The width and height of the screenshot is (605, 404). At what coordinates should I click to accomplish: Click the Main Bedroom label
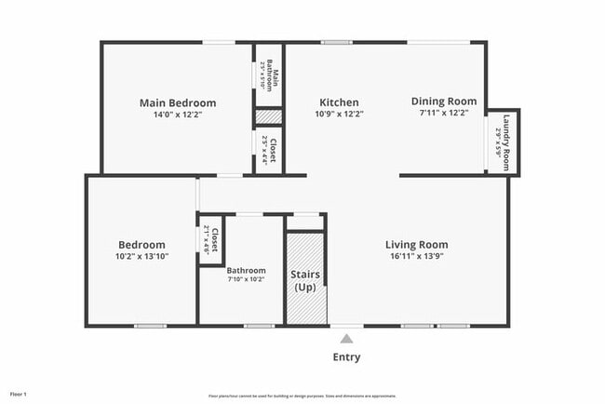(x=178, y=102)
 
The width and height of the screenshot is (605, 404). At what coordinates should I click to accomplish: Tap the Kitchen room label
(x=339, y=102)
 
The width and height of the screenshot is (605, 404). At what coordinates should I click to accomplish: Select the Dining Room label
(x=444, y=101)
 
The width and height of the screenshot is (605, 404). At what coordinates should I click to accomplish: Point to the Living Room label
(x=417, y=245)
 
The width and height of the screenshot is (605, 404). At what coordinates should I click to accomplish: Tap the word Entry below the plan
(x=346, y=357)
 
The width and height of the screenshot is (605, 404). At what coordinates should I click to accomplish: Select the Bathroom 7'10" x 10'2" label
(x=247, y=271)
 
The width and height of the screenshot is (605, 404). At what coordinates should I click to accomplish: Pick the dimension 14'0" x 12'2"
(x=178, y=114)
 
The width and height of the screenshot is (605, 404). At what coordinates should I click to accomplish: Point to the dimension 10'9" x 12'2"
(x=339, y=114)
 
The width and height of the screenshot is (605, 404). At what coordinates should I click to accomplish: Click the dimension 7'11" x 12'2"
(x=444, y=114)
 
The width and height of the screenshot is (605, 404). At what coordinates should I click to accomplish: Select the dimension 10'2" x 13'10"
(x=141, y=256)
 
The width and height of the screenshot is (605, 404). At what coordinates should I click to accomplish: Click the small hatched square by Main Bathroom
(x=269, y=117)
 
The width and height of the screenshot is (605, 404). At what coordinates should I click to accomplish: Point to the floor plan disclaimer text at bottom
(x=302, y=396)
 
